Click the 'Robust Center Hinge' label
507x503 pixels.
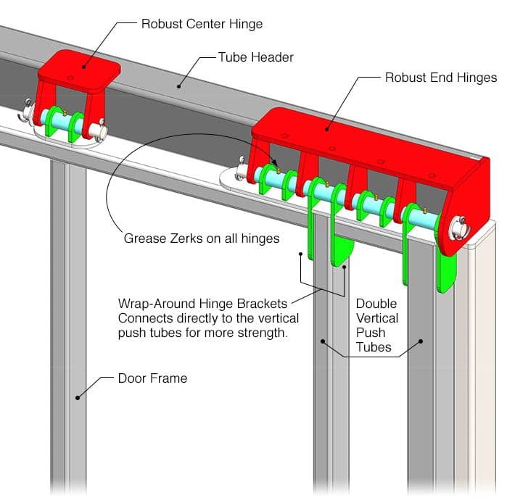pyautogui.click(x=202, y=24)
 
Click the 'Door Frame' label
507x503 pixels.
pyautogui.click(x=152, y=378)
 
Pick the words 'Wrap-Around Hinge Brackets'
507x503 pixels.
pyautogui.click(x=202, y=302)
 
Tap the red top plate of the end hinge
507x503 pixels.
pyautogui.click(x=363, y=141)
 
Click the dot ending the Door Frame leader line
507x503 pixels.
pyautogui.click(x=77, y=397)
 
